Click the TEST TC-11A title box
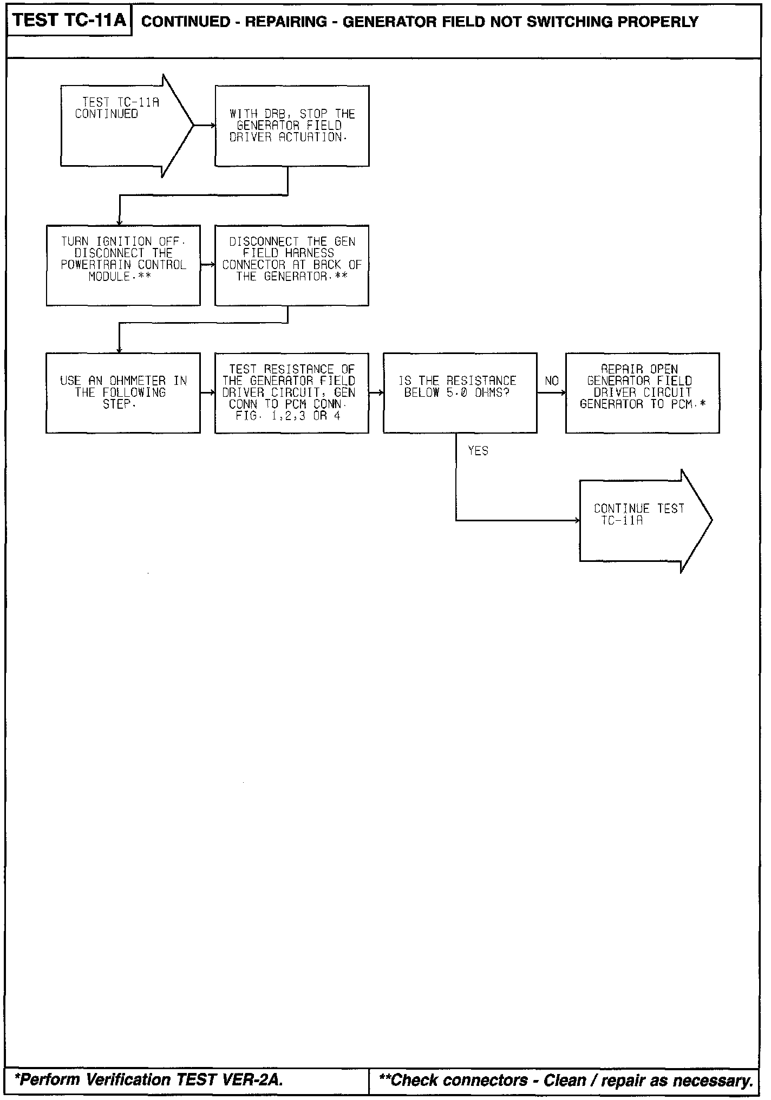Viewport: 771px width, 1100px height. click(x=69, y=21)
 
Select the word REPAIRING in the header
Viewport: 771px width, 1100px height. click(x=286, y=22)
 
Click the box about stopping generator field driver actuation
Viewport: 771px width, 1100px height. click(x=292, y=126)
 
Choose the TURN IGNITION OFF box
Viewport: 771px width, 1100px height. click(x=123, y=265)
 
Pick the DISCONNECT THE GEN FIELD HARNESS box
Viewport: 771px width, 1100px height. click(x=292, y=265)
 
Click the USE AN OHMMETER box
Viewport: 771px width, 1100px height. click(x=123, y=393)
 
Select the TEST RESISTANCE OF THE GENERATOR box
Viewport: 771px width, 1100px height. click(x=292, y=393)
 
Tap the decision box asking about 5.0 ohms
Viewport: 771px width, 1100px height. click(x=460, y=393)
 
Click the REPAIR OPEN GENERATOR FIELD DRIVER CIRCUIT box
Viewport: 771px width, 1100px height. click(x=642, y=393)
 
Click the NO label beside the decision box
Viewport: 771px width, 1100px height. click(x=552, y=381)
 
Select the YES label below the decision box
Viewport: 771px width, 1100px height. click(x=478, y=451)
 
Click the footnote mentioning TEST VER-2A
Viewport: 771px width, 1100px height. click(x=149, y=1080)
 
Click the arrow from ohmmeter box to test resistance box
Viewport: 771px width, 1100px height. click(x=207, y=393)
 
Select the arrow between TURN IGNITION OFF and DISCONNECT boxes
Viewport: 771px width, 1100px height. click(x=207, y=265)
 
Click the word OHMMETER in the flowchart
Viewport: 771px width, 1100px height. click(x=138, y=381)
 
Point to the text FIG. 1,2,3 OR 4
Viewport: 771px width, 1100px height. click(x=288, y=416)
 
